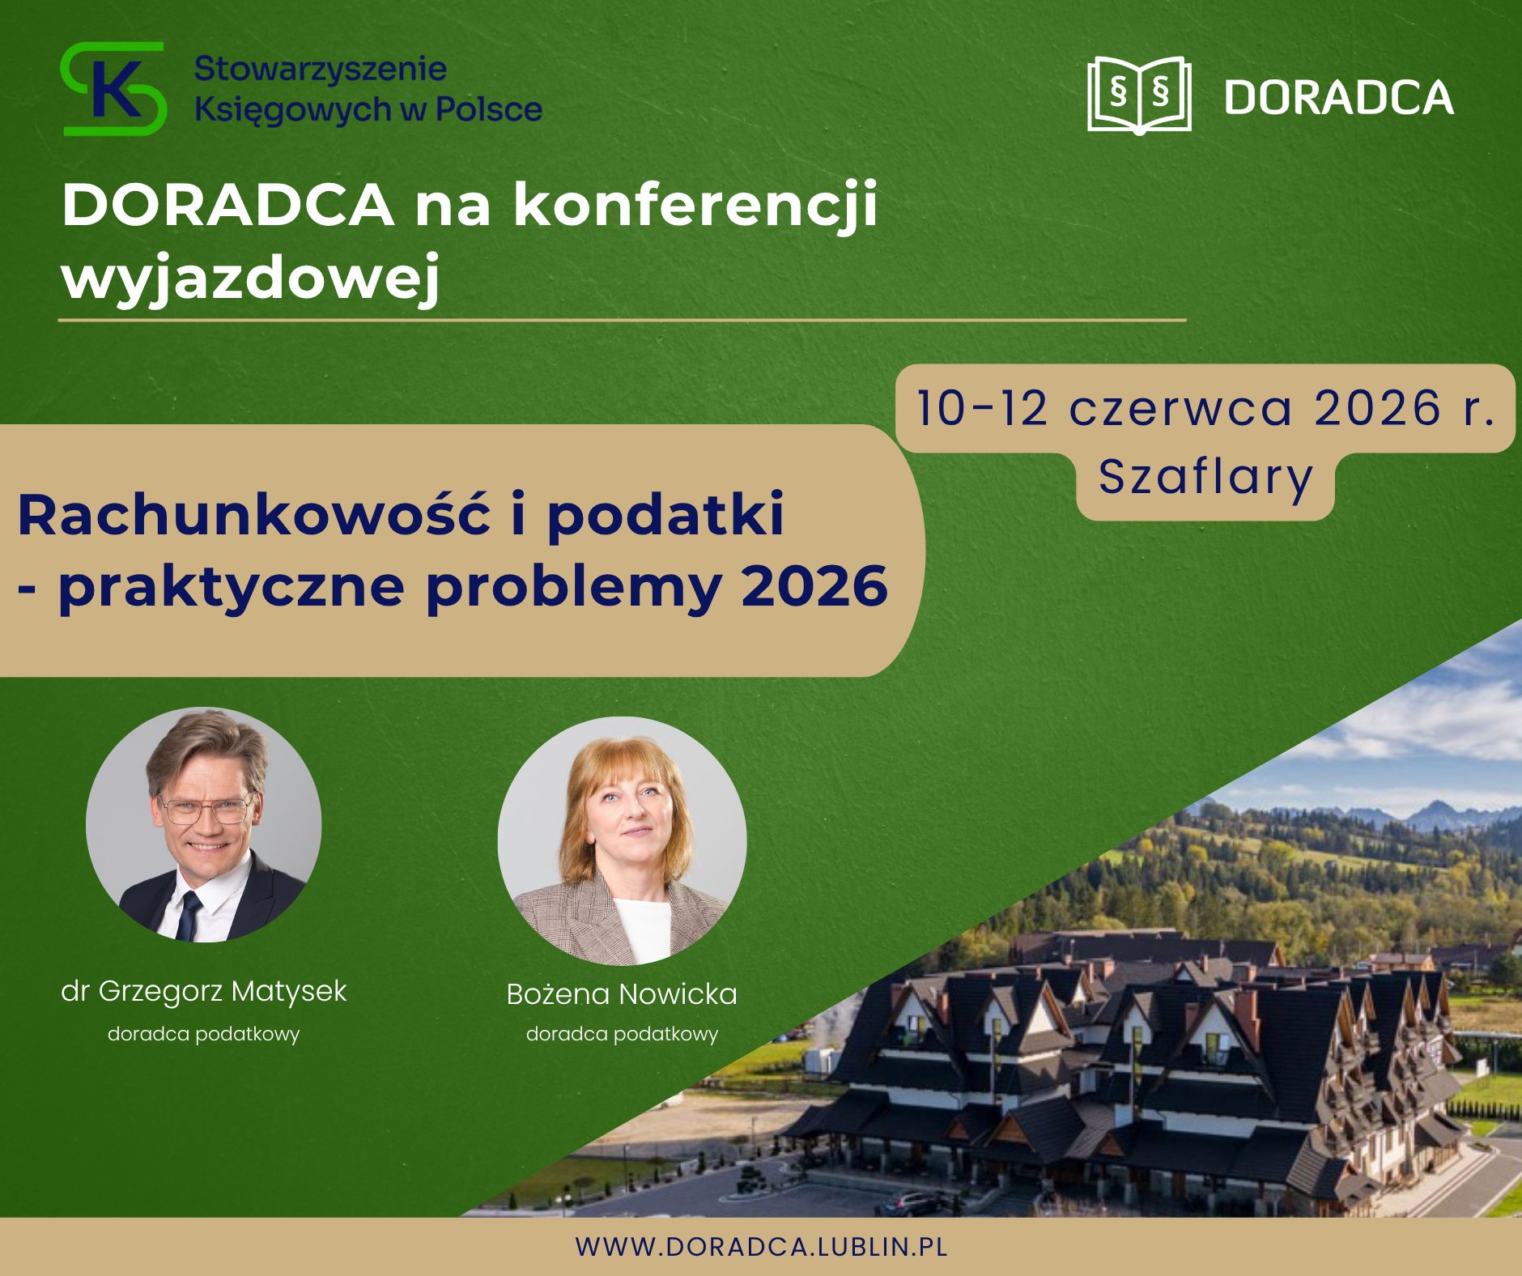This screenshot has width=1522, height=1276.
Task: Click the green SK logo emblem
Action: click(x=113, y=88)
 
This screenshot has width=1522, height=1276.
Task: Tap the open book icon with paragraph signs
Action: click(x=1139, y=94)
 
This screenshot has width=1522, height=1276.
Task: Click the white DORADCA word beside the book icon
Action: click(x=1339, y=97)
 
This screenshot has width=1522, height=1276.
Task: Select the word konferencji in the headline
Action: click(x=696, y=206)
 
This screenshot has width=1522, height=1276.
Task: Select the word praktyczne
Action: click(x=232, y=588)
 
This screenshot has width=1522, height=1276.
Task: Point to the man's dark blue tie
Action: click(x=189, y=916)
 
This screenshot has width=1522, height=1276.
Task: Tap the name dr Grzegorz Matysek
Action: click(x=204, y=992)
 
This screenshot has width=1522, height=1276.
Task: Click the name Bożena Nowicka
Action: click(x=622, y=994)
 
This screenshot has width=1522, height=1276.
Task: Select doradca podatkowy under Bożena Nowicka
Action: click(x=622, y=1035)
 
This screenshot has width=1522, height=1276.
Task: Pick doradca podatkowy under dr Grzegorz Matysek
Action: click(x=204, y=1035)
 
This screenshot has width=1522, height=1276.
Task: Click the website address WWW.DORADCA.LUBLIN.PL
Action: click(x=761, y=1247)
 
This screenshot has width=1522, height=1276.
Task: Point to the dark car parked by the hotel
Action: click(x=913, y=1203)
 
